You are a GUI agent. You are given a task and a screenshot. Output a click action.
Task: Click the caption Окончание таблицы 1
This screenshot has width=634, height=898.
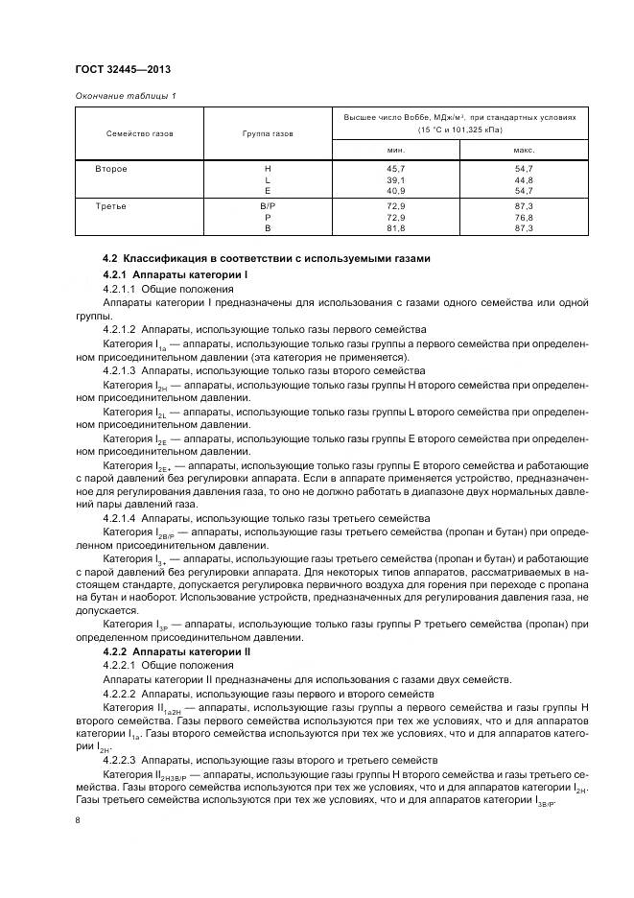(125, 95)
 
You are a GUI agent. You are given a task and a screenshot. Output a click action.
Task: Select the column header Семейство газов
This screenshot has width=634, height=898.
(140, 134)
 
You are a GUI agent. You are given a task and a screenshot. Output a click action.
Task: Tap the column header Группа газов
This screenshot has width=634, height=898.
(267, 134)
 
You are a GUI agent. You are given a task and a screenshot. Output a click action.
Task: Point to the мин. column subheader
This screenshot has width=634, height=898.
(396, 150)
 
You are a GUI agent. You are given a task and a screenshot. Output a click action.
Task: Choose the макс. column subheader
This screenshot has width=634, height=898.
(524, 150)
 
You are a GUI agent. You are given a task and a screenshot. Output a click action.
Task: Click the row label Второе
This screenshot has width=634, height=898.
(111, 168)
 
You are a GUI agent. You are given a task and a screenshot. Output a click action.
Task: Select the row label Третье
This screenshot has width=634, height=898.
(111, 206)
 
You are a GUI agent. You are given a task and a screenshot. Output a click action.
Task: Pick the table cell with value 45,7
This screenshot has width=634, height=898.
(396, 168)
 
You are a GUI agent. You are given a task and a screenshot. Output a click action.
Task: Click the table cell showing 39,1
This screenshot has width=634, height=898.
(396, 179)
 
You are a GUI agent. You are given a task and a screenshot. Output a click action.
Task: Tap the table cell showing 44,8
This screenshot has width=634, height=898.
(524, 179)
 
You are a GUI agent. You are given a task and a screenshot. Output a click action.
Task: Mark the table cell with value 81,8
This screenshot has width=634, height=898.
(396, 228)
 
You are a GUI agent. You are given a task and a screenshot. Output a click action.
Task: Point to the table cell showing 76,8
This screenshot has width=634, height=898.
(524, 218)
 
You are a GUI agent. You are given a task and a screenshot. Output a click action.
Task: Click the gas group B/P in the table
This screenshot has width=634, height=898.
(267, 206)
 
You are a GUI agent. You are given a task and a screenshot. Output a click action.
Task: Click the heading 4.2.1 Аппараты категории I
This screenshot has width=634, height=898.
(175, 275)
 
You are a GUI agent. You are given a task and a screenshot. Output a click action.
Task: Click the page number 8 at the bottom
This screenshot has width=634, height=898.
(78, 819)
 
